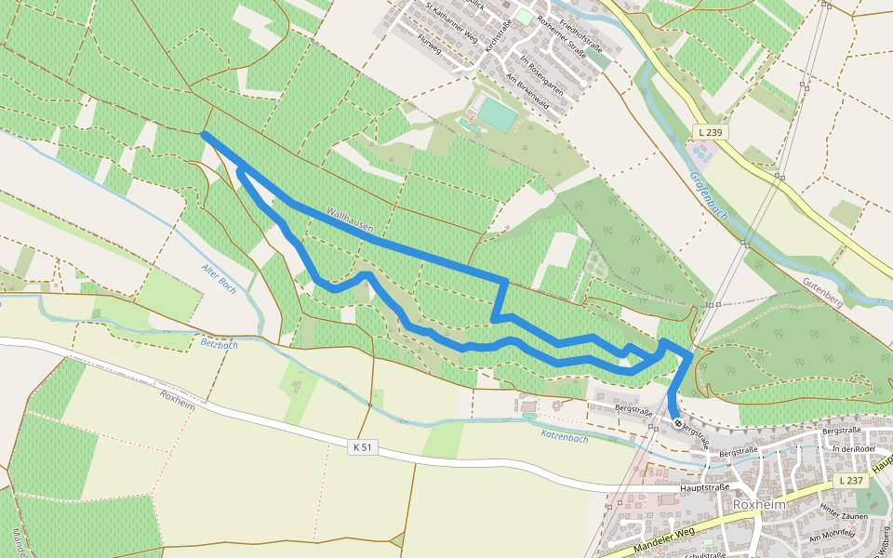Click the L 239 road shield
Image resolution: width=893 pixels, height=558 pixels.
click(709, 133)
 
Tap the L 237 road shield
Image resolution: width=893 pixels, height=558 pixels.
click(849, 481)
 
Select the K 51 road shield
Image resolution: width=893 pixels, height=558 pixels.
click(363, 447)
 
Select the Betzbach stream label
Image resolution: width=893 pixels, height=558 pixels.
click(220, 344)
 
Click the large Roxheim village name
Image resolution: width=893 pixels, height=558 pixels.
click(759, 504)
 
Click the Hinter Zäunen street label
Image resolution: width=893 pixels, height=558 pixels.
click(844, 515)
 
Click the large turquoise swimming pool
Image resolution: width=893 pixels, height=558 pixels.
click(496, 115)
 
